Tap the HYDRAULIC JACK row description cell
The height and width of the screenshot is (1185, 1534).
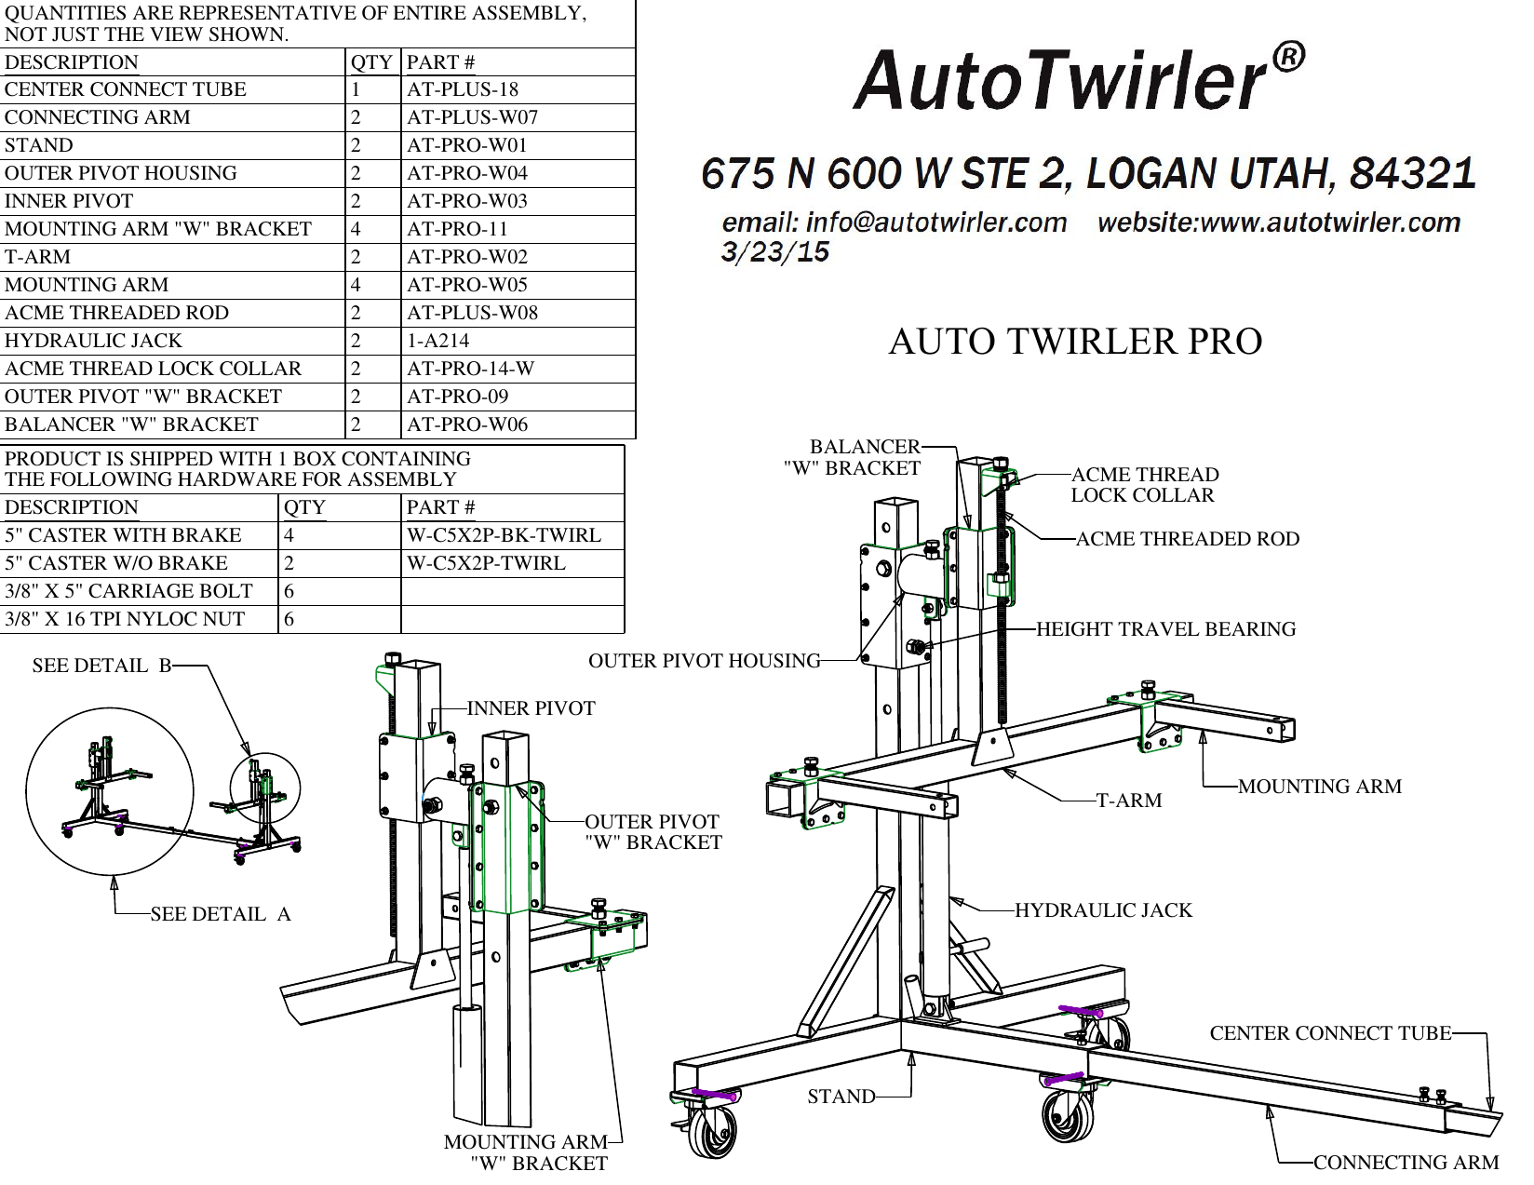coord(93,342)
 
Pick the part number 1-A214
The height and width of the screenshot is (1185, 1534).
coord(437,342)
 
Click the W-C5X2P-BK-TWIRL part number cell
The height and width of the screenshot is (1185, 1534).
coord(504,536)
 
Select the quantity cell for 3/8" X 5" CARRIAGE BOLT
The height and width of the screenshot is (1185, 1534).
coord(289,592)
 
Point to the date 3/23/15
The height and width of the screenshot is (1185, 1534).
coord(774,252)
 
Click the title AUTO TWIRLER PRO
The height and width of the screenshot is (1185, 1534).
coord(1075,342)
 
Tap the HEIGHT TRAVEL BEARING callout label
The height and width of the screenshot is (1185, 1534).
coord(1165,629)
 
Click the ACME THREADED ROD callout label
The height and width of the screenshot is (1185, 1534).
coord(1187,539)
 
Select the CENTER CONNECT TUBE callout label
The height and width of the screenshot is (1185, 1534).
coord(1330,1033)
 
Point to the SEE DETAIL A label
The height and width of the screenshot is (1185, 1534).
coord(221,915)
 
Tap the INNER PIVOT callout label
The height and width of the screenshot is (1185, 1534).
coord(531,709)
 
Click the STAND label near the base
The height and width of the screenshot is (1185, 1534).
coord(841,1097)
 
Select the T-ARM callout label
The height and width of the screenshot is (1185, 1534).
coord(1128,801)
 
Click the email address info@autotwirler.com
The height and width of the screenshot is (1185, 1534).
coord(895,223)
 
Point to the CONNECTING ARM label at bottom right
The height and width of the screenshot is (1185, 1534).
coord(1406,1164)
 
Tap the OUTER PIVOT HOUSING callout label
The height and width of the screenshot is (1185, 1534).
coord(705,662)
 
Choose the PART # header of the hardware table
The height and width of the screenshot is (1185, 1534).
coord(440,508)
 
